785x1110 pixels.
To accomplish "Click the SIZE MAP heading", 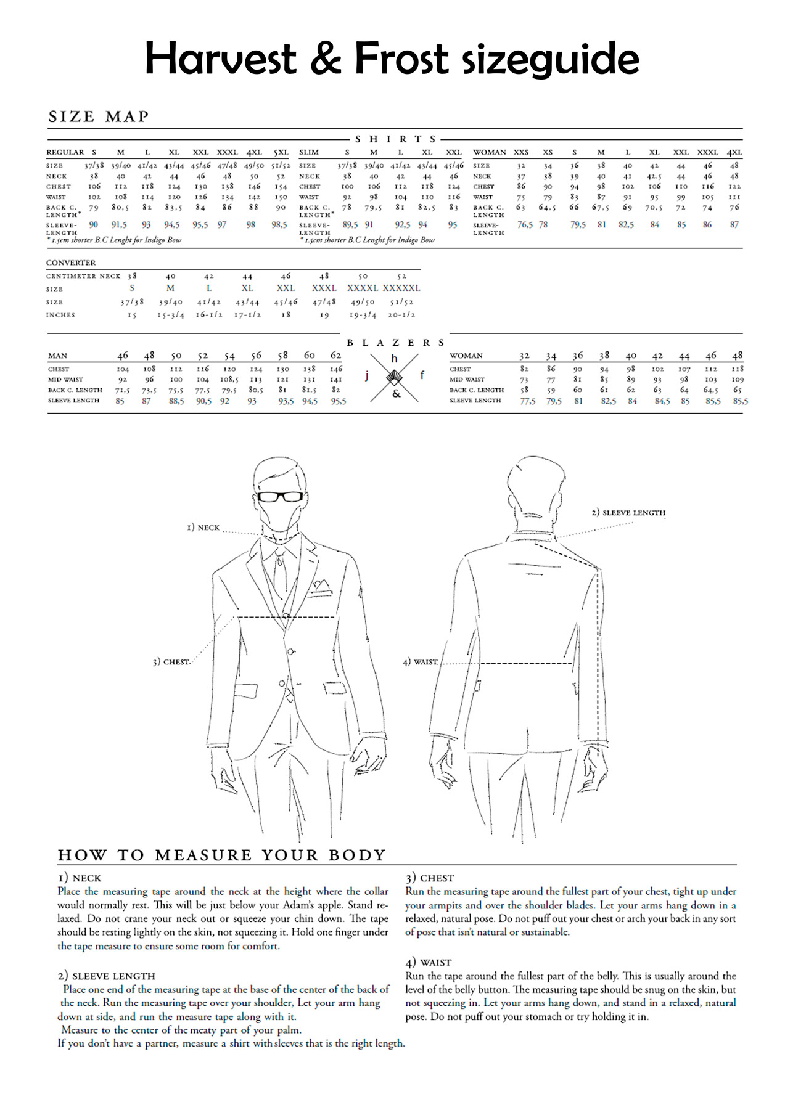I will tap(99, 116).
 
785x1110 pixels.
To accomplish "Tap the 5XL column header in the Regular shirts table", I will tap(281, 152).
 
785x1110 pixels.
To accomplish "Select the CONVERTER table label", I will tap(71, 263).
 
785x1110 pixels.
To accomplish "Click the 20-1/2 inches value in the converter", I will tap(401, 315).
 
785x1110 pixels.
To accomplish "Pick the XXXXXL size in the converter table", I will tap(401, 288).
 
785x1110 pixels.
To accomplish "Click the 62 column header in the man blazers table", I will tap(335, 355).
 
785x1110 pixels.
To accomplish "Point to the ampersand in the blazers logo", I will tap(396, 393).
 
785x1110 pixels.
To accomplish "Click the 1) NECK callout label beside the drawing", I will tap(203, 528).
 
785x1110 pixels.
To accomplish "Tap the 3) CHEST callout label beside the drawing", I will tap(171, 662).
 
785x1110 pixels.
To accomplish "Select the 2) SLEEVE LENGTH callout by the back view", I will tap(628, 512).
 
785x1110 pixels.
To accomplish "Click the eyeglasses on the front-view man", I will tap(281, 496).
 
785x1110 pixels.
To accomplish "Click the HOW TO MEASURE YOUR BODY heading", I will tap(221, 855).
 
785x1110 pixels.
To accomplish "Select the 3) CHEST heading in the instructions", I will tap(429, 878).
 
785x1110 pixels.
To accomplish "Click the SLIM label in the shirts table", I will tap(309, 152).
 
